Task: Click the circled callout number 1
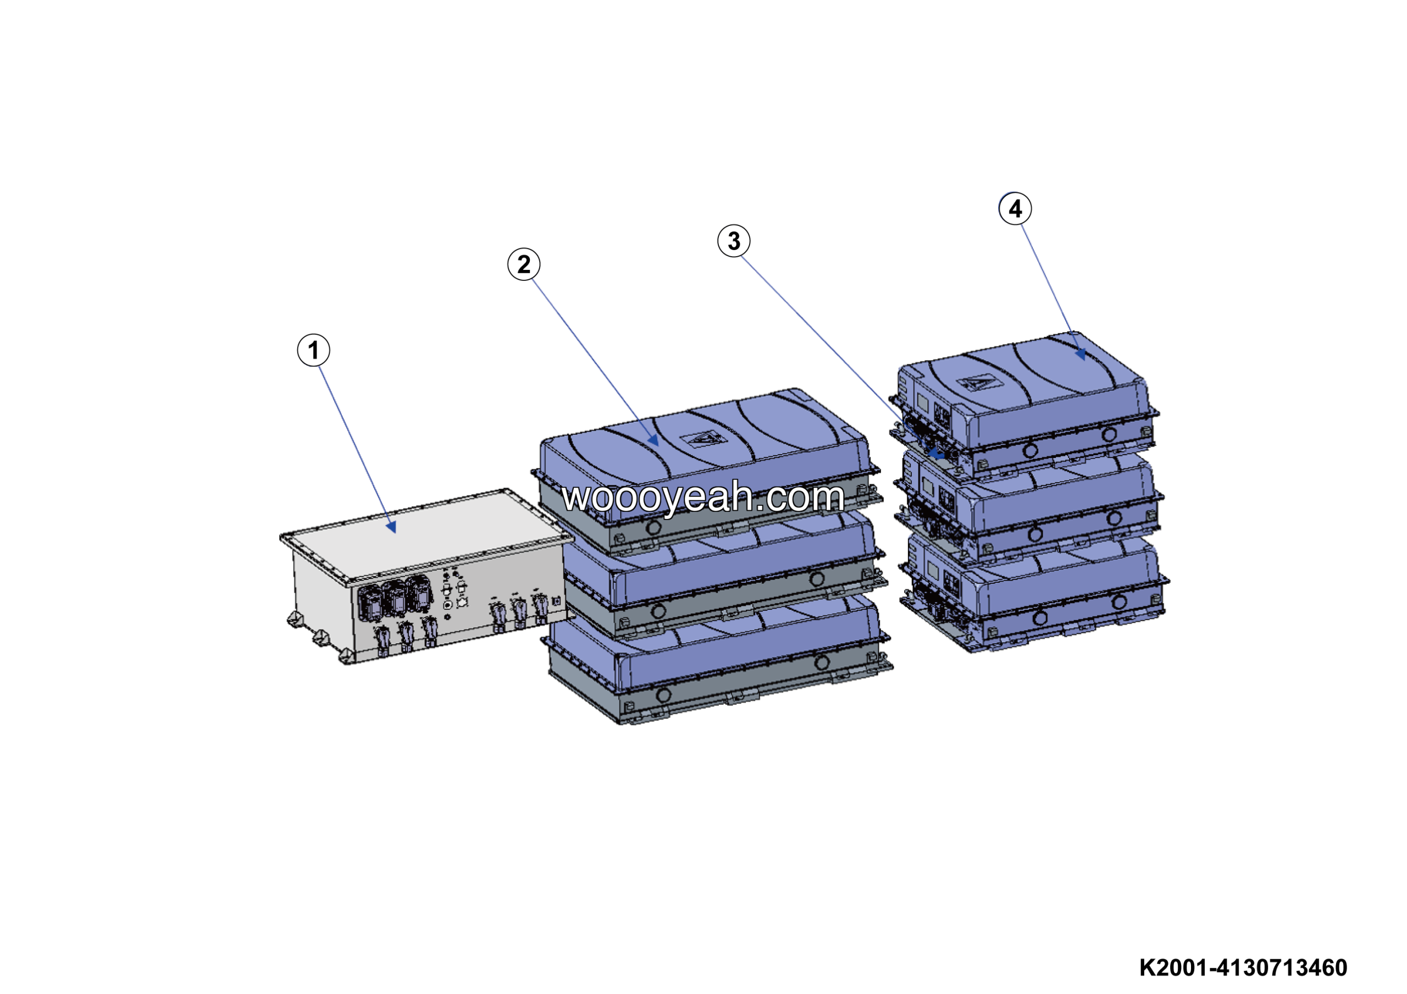point(313,351)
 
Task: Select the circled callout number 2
point(524,265)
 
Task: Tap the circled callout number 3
point(734,241)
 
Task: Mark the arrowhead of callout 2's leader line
point(657,445)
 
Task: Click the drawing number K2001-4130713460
point(1243,968)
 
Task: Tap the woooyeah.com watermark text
point(703,496)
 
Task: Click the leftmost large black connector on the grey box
point(372,603)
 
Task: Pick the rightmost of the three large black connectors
point(419,594)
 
